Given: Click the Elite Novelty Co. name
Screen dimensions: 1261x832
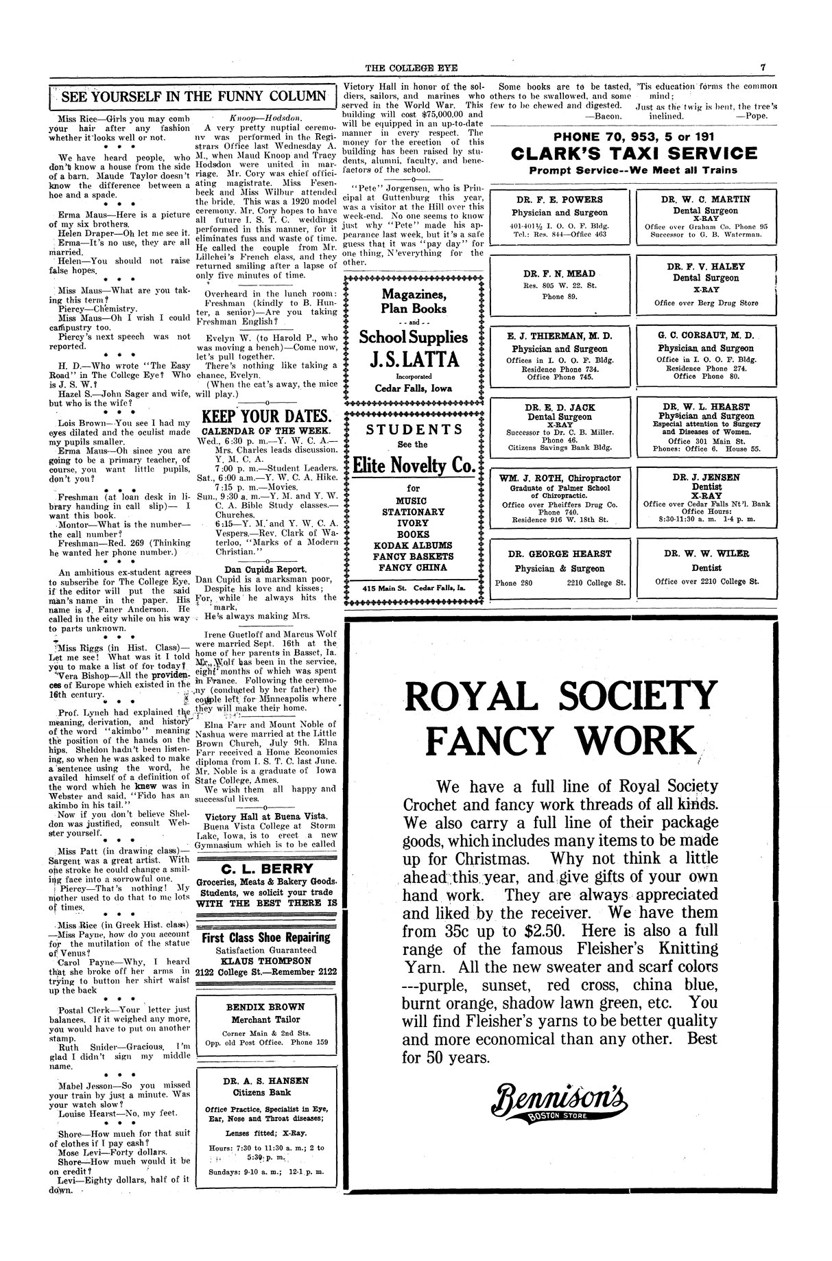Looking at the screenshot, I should (414, 466).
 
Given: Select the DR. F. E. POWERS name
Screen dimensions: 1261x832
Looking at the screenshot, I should (561, 200).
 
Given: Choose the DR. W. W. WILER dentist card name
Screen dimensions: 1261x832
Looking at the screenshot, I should (706, 553).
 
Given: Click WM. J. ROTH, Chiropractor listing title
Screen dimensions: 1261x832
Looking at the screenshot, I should (561, 478).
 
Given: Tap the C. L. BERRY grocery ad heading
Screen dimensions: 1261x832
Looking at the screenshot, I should (267, 869).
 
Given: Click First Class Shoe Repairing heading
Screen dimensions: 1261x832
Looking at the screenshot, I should (267, 937).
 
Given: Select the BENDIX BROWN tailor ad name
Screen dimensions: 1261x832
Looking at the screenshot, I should (266, 1006).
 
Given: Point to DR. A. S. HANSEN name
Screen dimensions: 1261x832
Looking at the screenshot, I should (266, 1081).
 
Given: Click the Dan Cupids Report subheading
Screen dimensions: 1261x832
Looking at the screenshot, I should (266, 569).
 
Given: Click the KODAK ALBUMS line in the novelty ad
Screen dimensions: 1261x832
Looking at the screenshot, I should (414, 545).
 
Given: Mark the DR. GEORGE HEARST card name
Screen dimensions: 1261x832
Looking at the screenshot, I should (560, 553).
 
